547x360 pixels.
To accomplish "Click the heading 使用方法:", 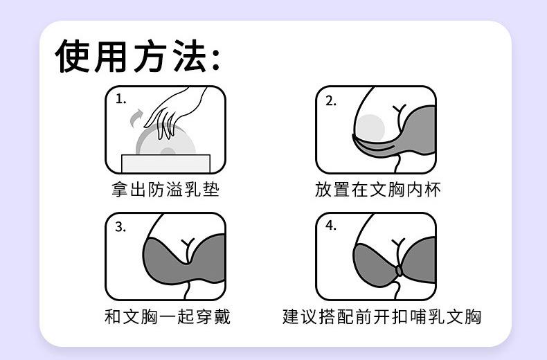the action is [138, 56].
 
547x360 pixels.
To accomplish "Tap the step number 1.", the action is [120, 99].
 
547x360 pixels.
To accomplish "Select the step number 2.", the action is [331, 101].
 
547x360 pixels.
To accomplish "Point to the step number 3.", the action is [120, 227].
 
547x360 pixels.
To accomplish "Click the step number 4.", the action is [331, 226].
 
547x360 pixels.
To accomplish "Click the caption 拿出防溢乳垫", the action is [165, 190].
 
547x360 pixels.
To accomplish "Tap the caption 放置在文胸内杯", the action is [378, 190].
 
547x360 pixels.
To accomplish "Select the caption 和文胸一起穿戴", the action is [168, 317].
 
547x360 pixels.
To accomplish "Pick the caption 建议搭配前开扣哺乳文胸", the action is [382, 317].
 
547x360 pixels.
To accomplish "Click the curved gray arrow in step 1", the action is [136, 118].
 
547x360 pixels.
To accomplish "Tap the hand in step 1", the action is [174, 111].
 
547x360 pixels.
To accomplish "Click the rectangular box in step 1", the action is [165, 163].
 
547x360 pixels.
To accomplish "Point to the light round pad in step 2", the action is [370, 128].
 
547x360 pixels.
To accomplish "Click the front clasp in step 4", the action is [399, 271].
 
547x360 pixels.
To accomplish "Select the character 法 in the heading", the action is [191, 56].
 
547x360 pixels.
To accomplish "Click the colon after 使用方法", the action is [216, 60].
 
